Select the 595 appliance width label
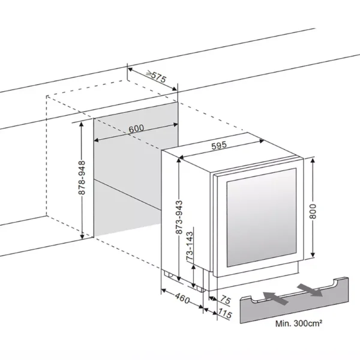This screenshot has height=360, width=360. [x=218, y=145]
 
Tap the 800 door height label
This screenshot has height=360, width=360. [x=320, y=208]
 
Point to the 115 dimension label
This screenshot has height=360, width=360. [x=225, y=314]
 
